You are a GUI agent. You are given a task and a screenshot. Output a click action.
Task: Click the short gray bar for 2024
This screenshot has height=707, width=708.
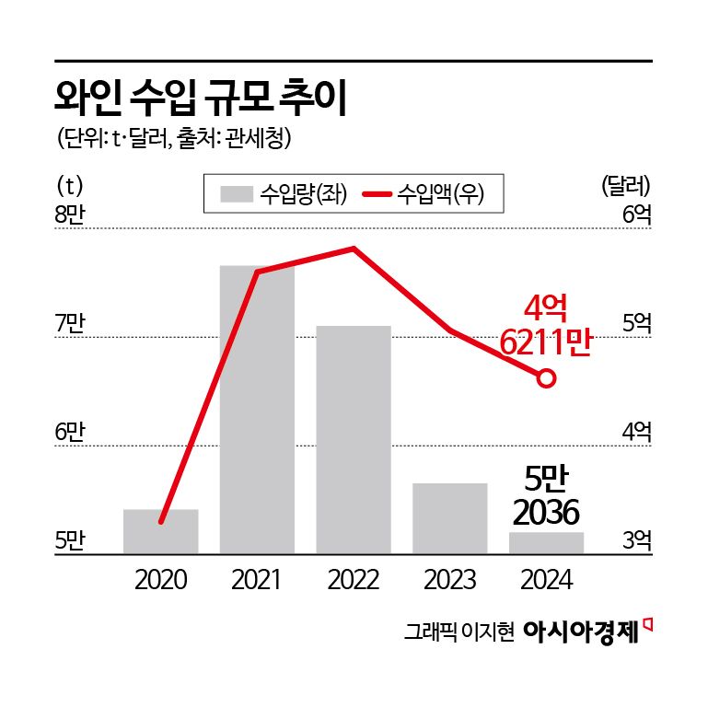[x=546, y=543]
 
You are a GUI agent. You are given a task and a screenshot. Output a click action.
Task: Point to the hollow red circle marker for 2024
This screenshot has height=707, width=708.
[x=546, y=378]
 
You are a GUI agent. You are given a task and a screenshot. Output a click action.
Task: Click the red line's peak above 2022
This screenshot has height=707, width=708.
[x=353, y=249]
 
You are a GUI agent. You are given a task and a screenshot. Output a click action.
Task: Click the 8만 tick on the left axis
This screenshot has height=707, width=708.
[x=70, y=216]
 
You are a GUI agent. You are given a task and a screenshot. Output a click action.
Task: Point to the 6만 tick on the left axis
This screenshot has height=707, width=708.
[x=70, y=432]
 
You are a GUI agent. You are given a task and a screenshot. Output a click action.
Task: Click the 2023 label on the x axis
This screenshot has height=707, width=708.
[x=449, y=580]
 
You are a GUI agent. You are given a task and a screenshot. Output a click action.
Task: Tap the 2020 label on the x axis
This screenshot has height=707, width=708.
[x=160, y=580]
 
